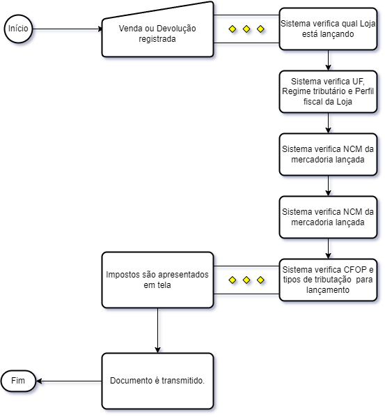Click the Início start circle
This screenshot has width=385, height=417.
point(18,29)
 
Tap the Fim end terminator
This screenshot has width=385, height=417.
point(18,381)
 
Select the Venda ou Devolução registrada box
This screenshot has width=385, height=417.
point(157,33)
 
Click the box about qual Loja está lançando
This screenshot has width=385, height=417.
point(328,29)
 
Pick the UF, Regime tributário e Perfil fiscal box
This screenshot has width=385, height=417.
point(328,91)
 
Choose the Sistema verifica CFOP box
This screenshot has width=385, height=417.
point(328,280)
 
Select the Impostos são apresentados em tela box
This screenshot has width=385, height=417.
point(157,280)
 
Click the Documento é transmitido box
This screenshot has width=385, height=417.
point(157,381)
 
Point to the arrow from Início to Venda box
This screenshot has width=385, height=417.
point(68,29)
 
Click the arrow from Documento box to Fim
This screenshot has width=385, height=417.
point(69,381)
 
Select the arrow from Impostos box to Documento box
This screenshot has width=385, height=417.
point(158,331)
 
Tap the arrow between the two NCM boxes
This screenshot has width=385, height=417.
point(328,185)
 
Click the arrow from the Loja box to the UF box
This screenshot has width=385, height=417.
point(328,60)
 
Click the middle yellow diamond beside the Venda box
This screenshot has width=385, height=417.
point(246,29)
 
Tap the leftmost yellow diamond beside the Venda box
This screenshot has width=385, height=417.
point(233,29)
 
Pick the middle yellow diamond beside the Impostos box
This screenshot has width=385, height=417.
point(246,280)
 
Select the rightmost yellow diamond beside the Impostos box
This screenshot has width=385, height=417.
point(260,280)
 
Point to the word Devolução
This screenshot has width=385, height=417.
point(176,29)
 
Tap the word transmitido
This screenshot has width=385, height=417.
point(183,381)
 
